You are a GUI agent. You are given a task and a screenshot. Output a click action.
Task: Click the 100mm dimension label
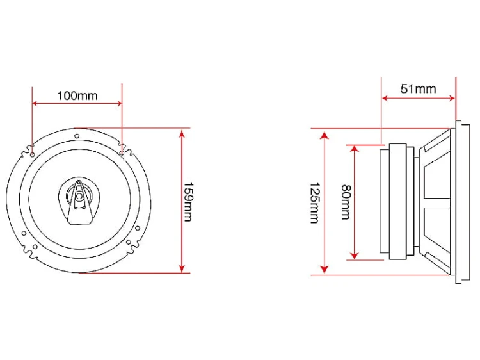[x=77, y=95]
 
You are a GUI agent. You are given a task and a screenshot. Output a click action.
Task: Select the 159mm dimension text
[x=188, y=202]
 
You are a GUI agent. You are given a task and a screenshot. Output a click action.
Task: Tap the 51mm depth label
[x=418, y=89]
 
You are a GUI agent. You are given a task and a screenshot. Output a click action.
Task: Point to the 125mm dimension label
[x=315, y=203]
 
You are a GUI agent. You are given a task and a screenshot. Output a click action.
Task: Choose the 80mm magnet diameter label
[x=346, y=202]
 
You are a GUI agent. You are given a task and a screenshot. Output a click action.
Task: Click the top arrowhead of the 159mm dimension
[x=182, y=133]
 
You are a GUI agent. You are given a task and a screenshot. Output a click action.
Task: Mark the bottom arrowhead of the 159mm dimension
[x=182, y=268]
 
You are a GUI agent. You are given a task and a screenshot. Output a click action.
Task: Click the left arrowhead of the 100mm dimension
[x=36, y=104]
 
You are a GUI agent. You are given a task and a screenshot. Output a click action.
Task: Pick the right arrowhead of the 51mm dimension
[x=452, y=98]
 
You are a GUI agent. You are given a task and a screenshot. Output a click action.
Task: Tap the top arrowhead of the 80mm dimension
[x=355, y=149]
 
